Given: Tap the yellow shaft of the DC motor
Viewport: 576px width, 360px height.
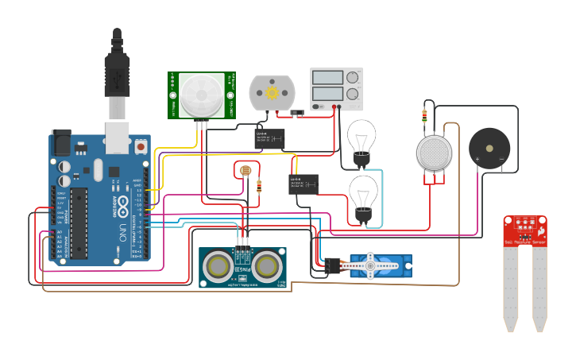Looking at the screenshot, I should [x=272, y=92].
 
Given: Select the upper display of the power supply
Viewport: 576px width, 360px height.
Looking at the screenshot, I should [x=327, y=78].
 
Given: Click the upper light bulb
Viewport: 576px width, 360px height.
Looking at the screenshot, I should [x=362, y=137].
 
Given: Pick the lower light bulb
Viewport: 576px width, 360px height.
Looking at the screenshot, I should [x=364, y=193].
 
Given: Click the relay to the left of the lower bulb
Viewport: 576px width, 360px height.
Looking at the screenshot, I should [x=303, y=184].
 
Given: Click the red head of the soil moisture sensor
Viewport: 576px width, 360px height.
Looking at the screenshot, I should [x=525, y=230].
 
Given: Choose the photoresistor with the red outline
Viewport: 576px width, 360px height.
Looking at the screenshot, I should [x=245, y=170].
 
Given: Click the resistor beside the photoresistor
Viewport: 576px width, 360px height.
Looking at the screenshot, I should [x=261, y=186].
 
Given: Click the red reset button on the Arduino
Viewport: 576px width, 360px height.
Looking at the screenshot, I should [x=141, y=147].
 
